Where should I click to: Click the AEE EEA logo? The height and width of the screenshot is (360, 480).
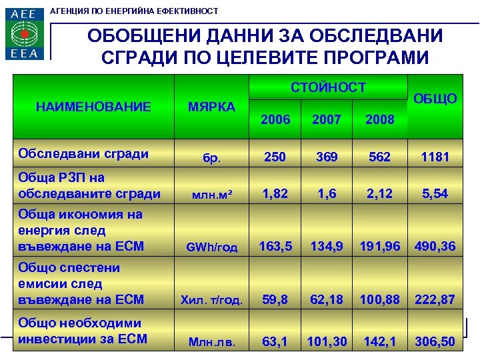pyautogui.click(x=25, y=33)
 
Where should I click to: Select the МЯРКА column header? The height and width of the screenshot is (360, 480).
pyautogui.click(x=211, y=107)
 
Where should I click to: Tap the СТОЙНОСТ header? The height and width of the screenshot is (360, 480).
pyautogui.click(x=328, y=87)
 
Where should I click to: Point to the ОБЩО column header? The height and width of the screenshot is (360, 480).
pyautogui.click(x=435, y=99)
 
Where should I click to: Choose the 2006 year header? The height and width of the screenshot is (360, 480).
pyautogui.click(x=275, y=119)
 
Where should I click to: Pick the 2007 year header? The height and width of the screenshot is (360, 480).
pyautogui.click(x=327, y=119)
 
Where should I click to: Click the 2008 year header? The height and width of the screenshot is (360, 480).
pyautogui.click(x=381, y=119)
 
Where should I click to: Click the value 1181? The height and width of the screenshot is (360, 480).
pyautogui.click(x=435, y=157)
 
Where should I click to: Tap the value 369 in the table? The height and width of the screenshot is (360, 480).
pyautogui.click(x=327, y=157)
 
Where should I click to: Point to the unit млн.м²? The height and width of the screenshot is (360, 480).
pyautogui.click(x=211, y=195)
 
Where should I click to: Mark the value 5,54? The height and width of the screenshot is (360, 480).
pyautogui.click(x=435, y=194)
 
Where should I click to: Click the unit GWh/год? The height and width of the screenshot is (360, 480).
pyautogui.click(x=211, y=247)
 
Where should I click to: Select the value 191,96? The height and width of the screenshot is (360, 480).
pyautogui.click(x=381, y=246)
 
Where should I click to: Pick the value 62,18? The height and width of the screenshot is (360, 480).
pyautogui.click(x=327, y=299)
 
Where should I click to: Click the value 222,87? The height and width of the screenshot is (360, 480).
pyautogui.click(x=435, y=299)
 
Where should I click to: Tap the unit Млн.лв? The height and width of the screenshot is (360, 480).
pyautogui.click(x=211, y=343)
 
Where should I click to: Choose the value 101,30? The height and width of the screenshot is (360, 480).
pyautogui.click(x=327, y=341)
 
